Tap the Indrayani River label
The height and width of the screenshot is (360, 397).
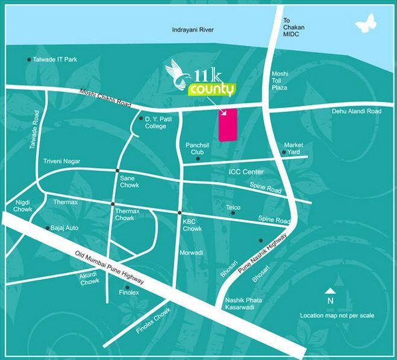(192, 30)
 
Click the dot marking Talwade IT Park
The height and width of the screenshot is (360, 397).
(29, 60)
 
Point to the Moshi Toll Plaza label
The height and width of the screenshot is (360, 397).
(280, 80)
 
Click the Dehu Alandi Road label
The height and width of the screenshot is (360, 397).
(357, 112)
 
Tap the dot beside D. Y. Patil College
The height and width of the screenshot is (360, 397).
(141, 119)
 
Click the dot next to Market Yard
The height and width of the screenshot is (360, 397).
(284, 153)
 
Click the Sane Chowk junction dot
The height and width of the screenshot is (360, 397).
(117, 171)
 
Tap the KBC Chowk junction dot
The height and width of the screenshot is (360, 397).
(180, 213)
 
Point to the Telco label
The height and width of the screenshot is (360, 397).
(233, 207)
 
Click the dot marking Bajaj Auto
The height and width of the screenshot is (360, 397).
(48, 228)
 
